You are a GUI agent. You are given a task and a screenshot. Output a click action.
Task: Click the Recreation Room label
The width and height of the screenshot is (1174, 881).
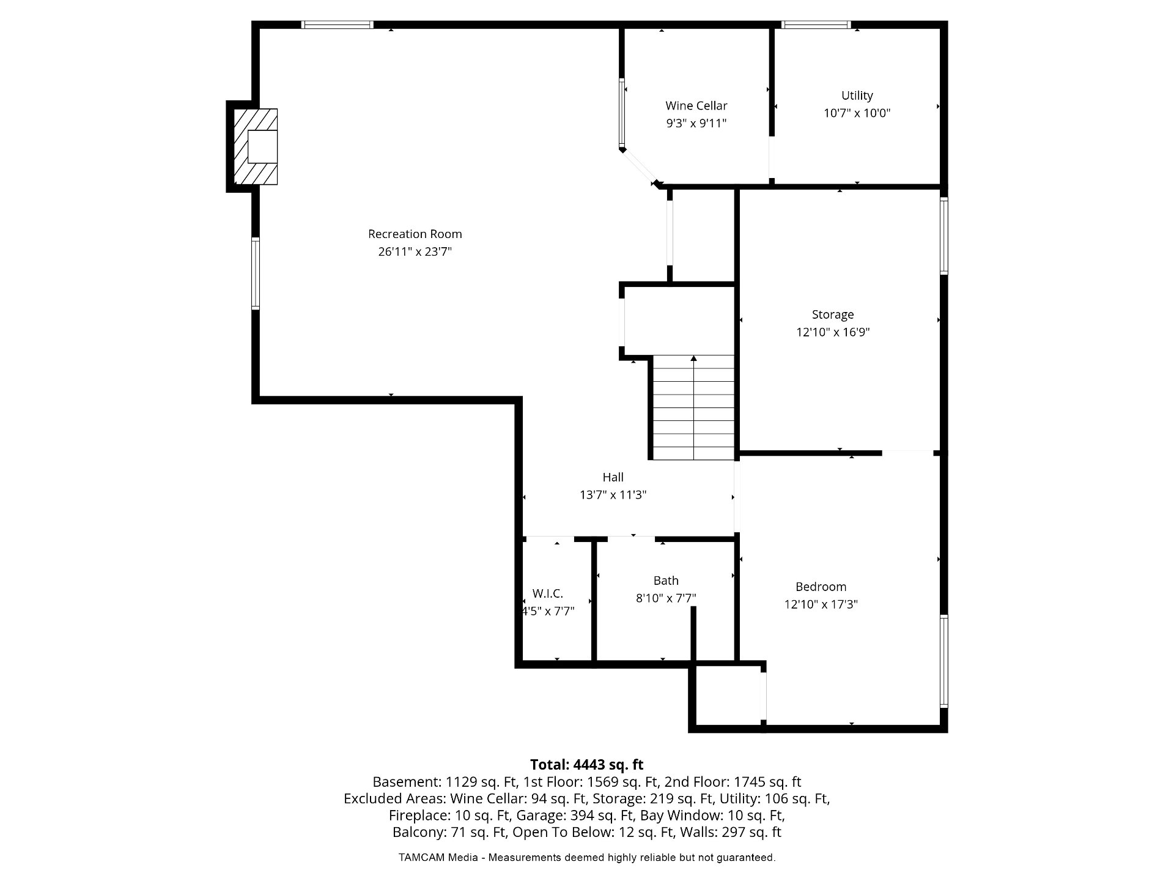coord(415,234)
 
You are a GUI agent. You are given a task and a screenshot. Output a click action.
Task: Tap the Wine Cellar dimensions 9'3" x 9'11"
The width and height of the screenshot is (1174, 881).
coord(696,123)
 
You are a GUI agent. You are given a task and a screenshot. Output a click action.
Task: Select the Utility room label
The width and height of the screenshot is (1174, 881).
coord(857,95)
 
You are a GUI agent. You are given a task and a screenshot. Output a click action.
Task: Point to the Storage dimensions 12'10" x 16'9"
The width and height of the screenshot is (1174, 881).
coord(833,332)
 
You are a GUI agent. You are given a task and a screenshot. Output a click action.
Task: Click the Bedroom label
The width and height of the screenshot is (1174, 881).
coord(821,587)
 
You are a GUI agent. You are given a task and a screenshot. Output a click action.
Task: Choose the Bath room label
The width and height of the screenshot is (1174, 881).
coord(666,581)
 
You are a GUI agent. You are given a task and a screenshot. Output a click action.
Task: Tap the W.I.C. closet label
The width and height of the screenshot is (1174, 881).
coord(548,593)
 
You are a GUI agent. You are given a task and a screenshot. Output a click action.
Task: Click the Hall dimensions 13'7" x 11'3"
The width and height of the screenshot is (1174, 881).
coord(613,495)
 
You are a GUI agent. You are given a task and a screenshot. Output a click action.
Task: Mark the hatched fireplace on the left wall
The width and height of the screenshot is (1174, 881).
coord(256,146)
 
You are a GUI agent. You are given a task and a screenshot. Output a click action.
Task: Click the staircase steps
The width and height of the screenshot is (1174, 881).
coord(693,407)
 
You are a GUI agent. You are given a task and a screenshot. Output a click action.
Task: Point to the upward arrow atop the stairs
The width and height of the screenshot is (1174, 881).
coord(693,359)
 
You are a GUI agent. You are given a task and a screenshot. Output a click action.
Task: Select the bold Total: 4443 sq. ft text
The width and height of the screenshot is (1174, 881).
coord(586,765)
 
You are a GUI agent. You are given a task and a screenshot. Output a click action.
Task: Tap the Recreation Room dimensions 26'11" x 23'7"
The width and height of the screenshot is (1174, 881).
coord(415,251)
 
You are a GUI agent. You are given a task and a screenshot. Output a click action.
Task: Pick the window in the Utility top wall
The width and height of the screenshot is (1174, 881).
coord(816,25)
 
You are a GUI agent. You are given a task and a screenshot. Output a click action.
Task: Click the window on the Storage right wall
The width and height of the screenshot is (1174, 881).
coord(943,236)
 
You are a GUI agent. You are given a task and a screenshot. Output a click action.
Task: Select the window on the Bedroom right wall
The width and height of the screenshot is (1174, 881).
coord(943,661)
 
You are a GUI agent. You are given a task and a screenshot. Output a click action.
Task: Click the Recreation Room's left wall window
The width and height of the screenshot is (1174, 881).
coord(256,273)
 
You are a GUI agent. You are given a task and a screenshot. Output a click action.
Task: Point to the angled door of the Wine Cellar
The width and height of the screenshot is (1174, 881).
coord(638,166)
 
